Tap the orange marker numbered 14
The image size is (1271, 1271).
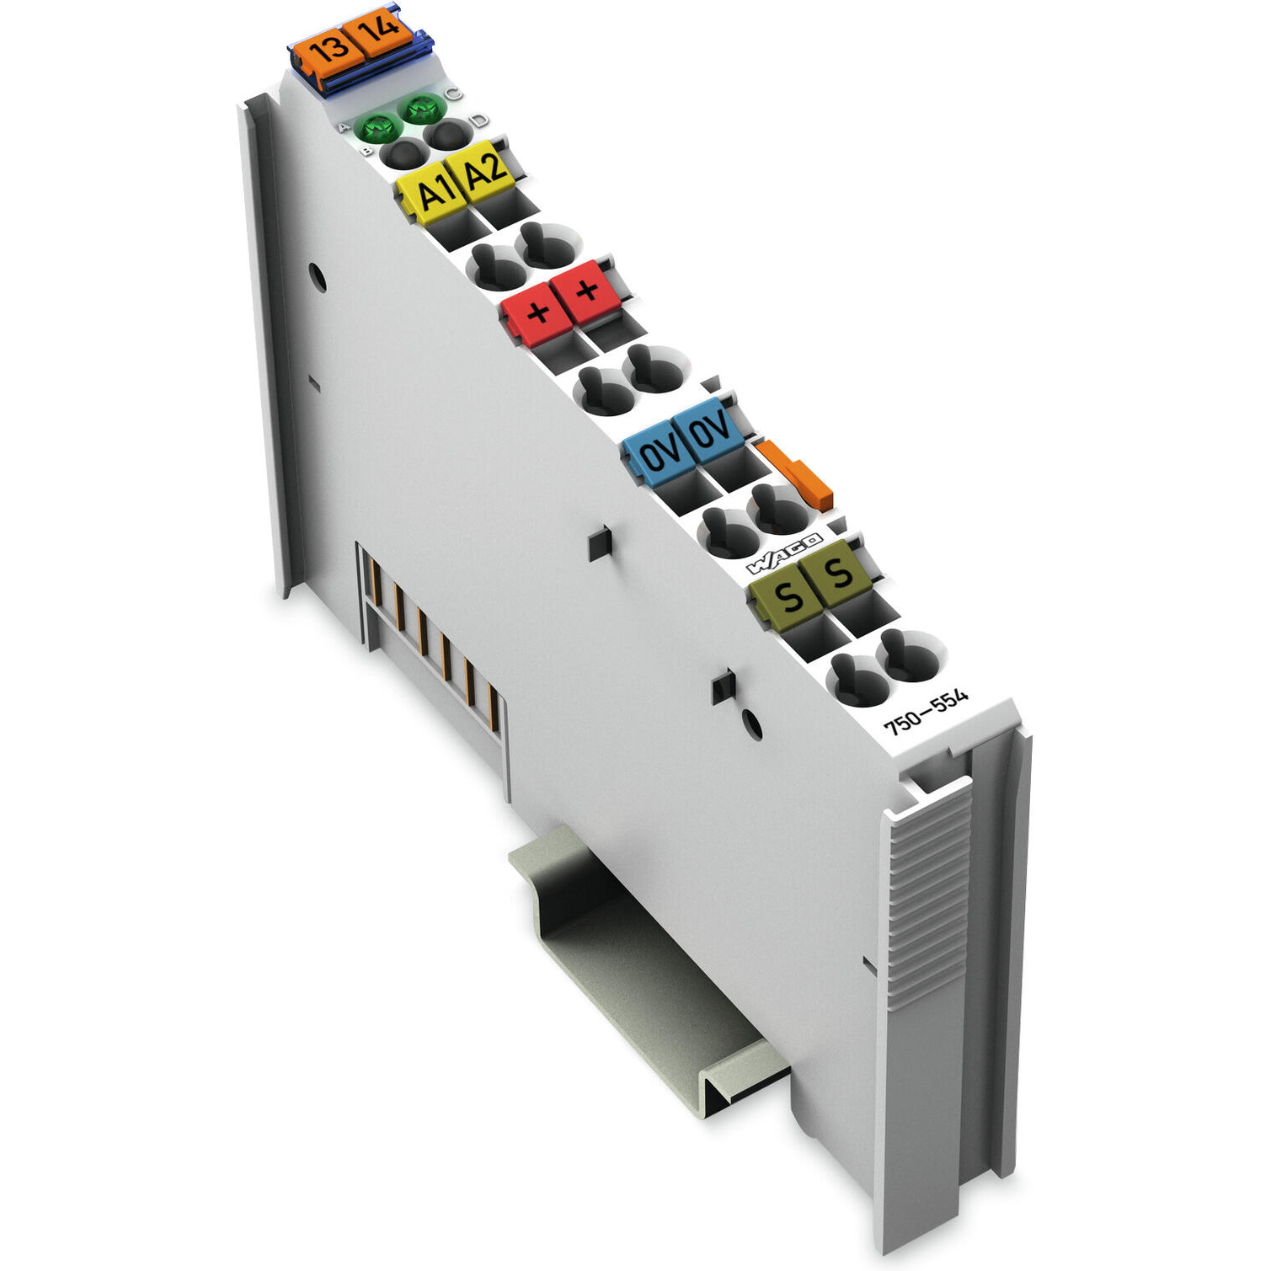coord(382,31)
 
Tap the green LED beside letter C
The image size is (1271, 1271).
coord(423,108)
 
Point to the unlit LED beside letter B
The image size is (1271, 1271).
coord(402,152)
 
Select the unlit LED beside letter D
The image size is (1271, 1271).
coord(450,133)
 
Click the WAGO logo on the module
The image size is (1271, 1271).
coord(784,553)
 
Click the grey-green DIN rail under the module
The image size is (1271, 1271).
coord(640,969)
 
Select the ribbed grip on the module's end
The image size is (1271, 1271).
coord(927,893)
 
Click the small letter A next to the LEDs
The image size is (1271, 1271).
coord(344,127)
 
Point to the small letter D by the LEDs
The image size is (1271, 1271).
coord(478,121)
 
